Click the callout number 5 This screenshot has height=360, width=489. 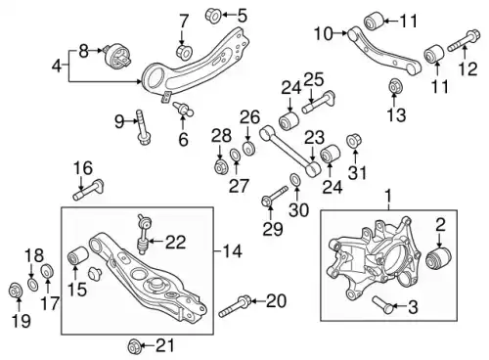242,16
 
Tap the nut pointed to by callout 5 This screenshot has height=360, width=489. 213,15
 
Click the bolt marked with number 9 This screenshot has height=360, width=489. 143,126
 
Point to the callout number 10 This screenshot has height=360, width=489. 324,33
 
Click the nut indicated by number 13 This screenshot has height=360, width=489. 396,86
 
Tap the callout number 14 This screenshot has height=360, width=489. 233,251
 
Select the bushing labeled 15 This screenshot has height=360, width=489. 77,255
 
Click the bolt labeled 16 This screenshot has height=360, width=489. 88,190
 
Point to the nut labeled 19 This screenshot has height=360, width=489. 16,291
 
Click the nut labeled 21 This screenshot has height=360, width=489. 134,346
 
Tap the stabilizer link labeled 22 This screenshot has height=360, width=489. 142,234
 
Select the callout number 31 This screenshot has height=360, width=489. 358,172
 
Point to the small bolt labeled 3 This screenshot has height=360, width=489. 383,304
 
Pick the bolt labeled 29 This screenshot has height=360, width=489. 275,197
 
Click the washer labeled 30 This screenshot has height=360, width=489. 295,180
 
